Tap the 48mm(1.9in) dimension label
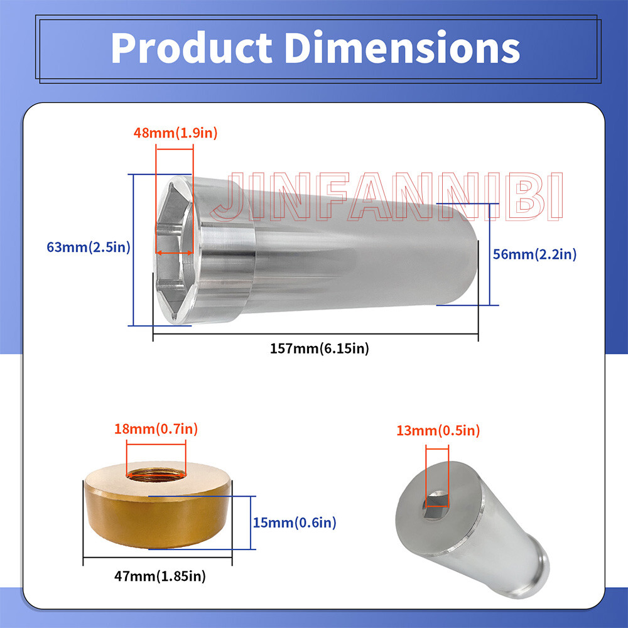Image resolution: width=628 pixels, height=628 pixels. click(175, 133)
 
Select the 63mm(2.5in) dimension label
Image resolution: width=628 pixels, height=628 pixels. click(89, 247)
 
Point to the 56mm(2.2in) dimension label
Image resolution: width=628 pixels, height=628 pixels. click(534, 254)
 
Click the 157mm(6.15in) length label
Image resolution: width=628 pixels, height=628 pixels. click(319, 349)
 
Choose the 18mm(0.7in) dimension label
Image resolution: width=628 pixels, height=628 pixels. click(156, 429)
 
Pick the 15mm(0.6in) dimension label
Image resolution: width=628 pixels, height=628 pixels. click(295, 522)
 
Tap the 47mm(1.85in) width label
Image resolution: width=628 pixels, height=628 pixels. click(160, 576)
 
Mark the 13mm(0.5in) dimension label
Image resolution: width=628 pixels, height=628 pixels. click(438, 431)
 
